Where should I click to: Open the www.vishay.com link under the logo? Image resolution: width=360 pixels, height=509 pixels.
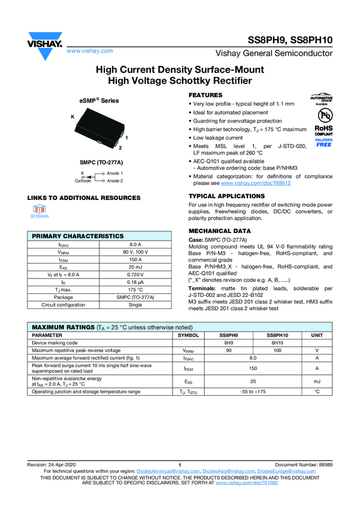[87, 52]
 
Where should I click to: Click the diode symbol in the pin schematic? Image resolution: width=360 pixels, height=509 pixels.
[89, 177]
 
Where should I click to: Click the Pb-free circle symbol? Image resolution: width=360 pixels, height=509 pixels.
[323, 114]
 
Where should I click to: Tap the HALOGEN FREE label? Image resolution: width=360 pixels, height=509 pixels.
[323, 143]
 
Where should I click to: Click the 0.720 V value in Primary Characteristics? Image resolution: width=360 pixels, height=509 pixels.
[135, 274]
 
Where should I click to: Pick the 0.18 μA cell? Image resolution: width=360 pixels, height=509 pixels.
[135, 282]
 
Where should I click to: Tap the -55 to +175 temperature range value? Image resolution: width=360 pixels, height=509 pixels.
[252, 391]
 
